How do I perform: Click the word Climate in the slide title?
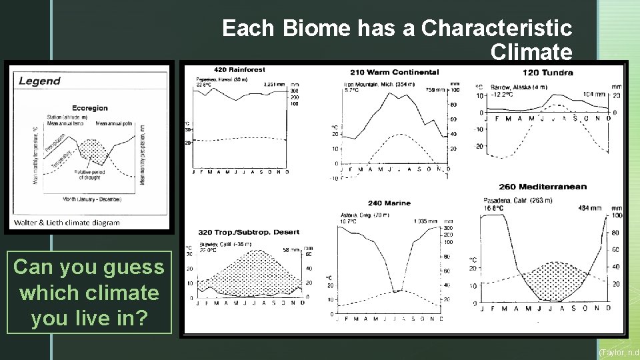pyautogui.click(x=531, y=51)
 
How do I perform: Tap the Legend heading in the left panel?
pyautogui.click(x=39, y=81)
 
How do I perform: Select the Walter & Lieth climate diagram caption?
pyautogui.click(x=67, y=222)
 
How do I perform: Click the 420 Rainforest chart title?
pyautogui.click(x=239, y=69)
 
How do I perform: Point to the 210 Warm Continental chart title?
pyautogui.click(x=394, y=72)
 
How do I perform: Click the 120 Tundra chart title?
pyautogui.click(x=547, y=72)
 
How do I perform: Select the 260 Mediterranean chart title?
pyautogui.click(x=543, y=187)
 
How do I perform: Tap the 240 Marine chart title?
pyautogui.click(x=389, y=203)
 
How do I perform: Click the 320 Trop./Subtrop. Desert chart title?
pyautogui.click(x=249, y=232)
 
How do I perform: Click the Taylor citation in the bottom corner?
pyautogui.click(x=619, y=352)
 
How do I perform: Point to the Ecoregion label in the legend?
pyautogui.click(x=89, y=108)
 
